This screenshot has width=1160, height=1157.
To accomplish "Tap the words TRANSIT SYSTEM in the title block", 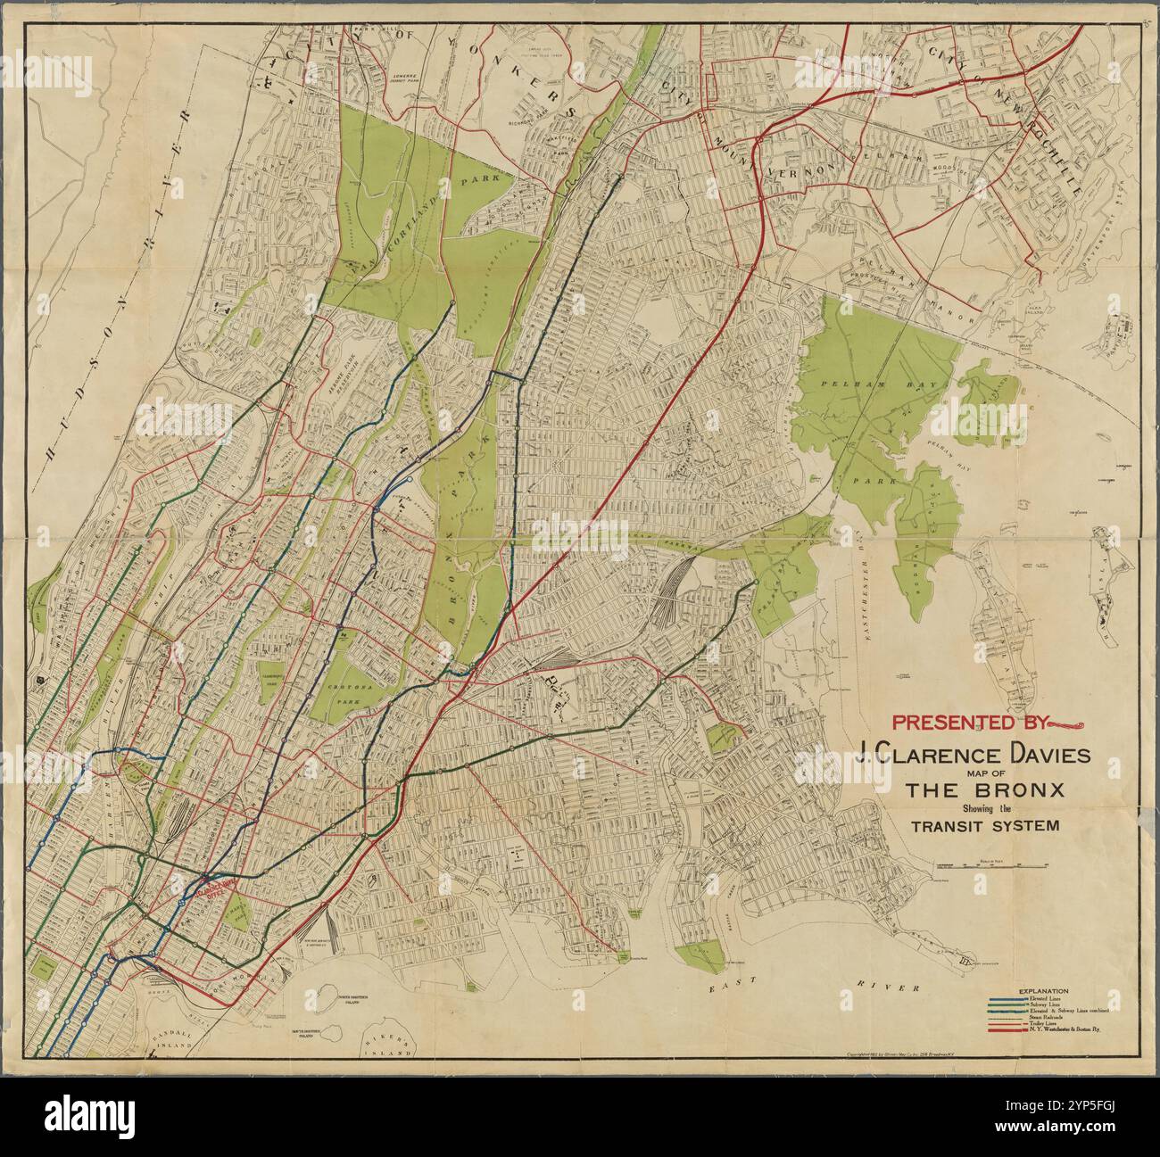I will (985, 825).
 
